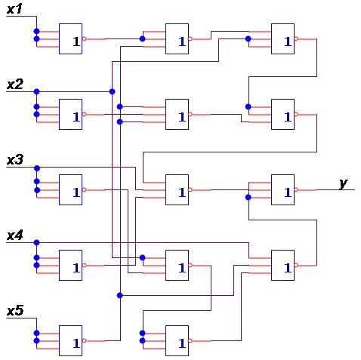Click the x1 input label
pos(14,9)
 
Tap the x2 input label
pos(15,85)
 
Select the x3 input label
pos(15,160)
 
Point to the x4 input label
pos(15,235)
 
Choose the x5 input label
pos(15,311)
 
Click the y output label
pos(344,183)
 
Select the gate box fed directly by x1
pos(70,38)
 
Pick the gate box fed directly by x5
pos(70,340)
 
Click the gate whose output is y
pos(282,189)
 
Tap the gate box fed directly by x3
pos(70,189)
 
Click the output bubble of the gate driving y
pos(296,189)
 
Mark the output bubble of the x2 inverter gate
pos(85,114)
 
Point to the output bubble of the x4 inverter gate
pos(85,265)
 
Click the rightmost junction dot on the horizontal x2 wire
pos(113,91)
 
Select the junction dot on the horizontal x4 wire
pos(36,242)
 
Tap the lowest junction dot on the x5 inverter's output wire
pos(120,295)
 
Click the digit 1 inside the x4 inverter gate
pos(76,268)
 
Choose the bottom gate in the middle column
pos(177,340)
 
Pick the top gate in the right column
pos(282,38)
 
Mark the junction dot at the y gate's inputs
pos(248,197)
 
